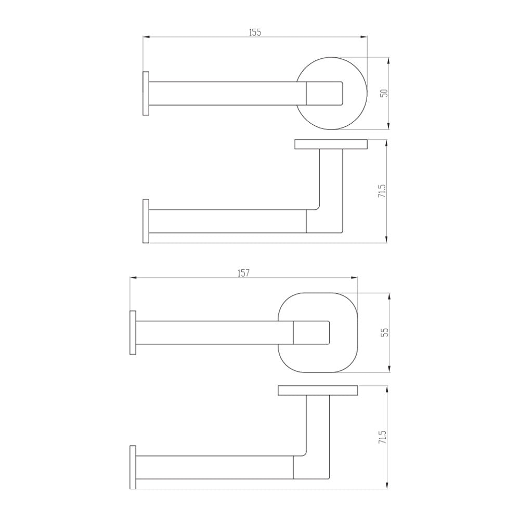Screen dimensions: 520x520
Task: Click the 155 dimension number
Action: coord(254,32)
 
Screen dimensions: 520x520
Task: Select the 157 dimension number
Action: coord(243,274)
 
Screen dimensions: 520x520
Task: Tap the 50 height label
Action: coord(384,94)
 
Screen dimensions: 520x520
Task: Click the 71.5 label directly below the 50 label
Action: coord(382,191)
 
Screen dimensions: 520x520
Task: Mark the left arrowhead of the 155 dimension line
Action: coord(146,37)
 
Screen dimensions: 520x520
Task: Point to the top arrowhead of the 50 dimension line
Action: coord(388,60)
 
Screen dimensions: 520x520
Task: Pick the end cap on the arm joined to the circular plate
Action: coord(146,94)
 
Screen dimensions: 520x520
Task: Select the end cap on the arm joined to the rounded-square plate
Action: coord(133,333)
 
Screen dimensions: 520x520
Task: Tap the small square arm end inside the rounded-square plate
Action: coord(311,333)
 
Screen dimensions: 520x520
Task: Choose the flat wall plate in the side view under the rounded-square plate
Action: coord(318,391)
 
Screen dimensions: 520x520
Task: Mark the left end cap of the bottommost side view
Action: coord(133,467)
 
